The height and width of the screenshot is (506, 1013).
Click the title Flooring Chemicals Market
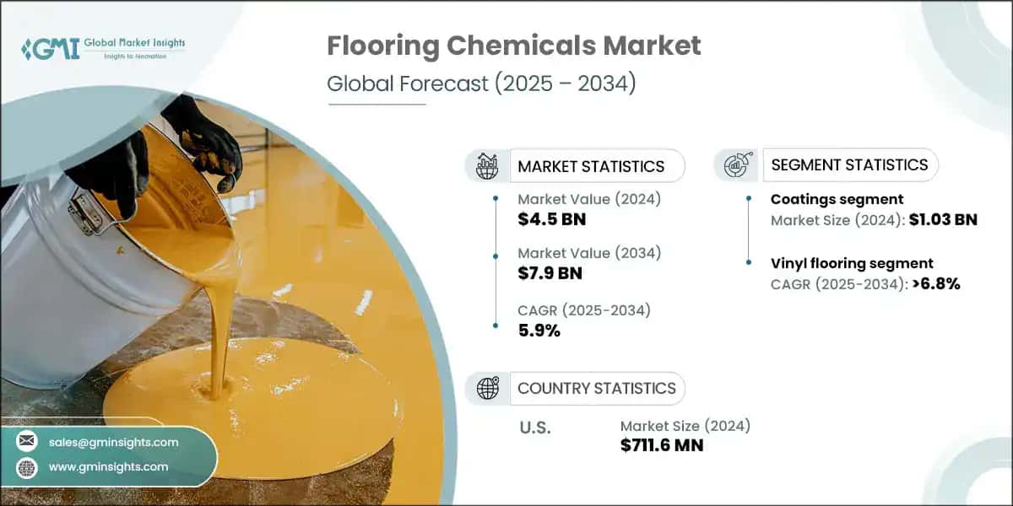tap(513, 46)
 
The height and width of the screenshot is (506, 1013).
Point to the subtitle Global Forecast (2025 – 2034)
tap(481, 84)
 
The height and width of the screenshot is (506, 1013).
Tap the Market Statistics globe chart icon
tap(487, 166)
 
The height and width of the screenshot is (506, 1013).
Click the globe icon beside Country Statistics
tap(487, 388)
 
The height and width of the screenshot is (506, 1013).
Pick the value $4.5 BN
tap(551, 220)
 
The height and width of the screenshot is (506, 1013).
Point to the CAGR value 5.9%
tap(539, 331)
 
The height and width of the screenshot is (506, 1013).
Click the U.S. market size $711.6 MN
tap(662, 445)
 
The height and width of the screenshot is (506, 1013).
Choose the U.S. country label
tap(534, 428)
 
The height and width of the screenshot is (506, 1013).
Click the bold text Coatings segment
tap(837, 200)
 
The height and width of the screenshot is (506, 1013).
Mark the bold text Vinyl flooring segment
tap(852, 263)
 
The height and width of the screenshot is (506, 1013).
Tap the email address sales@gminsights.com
tap(113, 442)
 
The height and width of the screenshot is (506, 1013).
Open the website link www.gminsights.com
tap(108, 466)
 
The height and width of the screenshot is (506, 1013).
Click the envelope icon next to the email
tap(27, 442)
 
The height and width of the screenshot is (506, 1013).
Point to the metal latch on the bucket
tap(86, 211)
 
